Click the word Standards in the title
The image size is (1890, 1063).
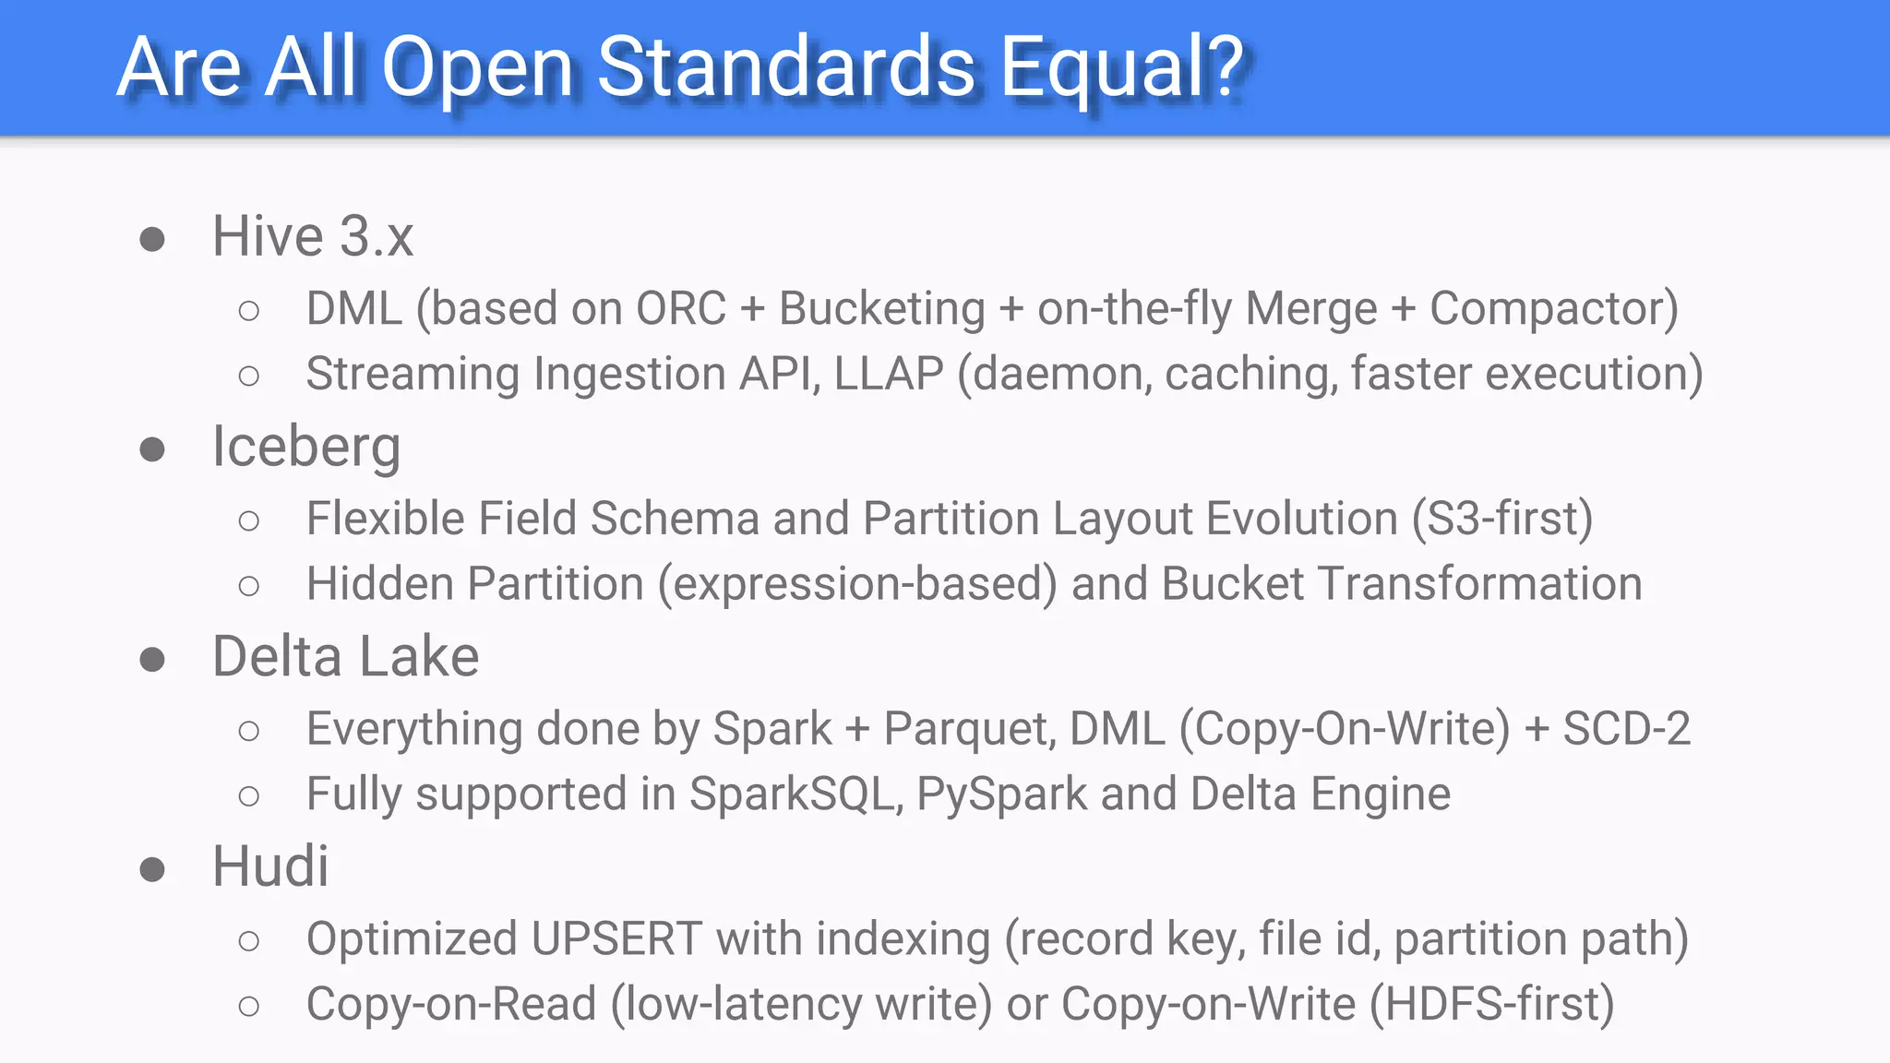[786, 66]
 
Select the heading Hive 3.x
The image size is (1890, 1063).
[313, 236]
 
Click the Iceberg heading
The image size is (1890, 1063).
[306, 448]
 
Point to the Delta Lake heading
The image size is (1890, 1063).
[345, 657]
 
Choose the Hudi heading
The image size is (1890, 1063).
[270, 866]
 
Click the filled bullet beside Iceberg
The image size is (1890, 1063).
[152, 450]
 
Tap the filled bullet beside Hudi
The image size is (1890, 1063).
[152, 869]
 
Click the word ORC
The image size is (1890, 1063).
[681, 308]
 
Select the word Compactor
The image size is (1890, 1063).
[1547, 308]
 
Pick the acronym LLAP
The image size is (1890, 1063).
[888, 374]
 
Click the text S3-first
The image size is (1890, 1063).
[1502, 518]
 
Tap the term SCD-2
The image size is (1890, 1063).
[1626, 729]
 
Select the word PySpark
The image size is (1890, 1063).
[1001, 794]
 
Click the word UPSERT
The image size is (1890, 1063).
[616, 939]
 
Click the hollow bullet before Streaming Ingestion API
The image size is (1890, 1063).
[248, 376]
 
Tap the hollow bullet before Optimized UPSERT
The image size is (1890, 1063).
[248, 941]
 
